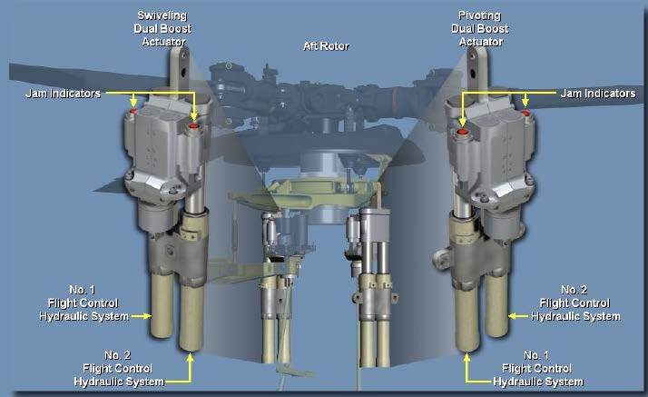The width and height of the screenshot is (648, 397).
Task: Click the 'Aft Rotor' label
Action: pyautogui.click(x=326, y=45)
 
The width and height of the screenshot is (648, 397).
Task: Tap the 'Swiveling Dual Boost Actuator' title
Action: pyautogui.click(x=162, y=28)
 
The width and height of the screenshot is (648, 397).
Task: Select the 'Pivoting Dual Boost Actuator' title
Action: pyautogui.click(x=480, y=28)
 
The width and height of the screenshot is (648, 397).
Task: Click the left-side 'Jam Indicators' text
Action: pyautogui.click(x=63, y=93)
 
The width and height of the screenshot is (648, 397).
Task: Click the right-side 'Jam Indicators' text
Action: pyautogui.click(x=598, y=93)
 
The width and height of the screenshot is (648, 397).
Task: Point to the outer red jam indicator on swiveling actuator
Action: pyautogui.click(x=133, y=111)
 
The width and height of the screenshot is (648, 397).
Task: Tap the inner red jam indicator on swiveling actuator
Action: pyautogui.click(x=193, y=125)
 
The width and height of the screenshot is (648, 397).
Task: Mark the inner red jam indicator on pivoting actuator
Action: pyautogui.click(x=463, y=132)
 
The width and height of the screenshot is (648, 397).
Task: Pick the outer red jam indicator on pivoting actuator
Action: pyautogui.click(x=525, y=113)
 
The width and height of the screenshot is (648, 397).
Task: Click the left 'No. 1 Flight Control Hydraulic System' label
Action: pyautogui.click(x=83, y=303)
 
